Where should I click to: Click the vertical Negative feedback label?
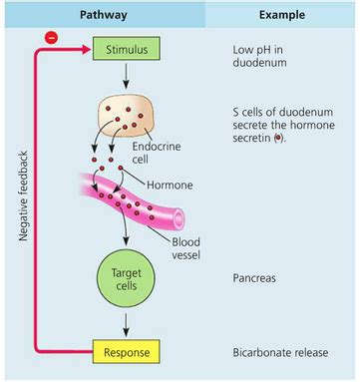pyautogui.click(x=23, y=194)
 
